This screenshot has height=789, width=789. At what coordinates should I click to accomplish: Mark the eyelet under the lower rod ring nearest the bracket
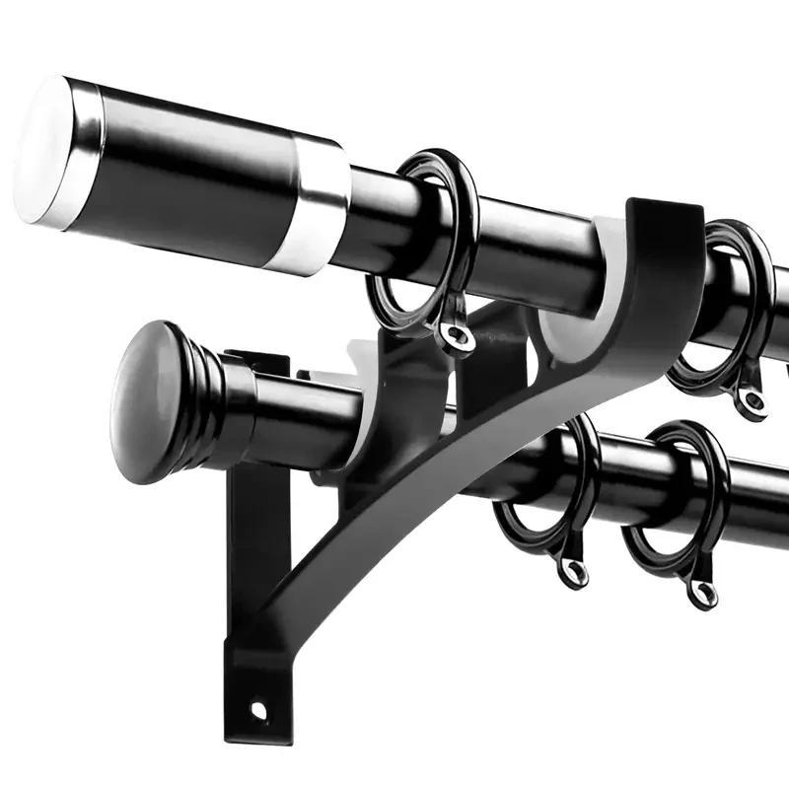coord(573,571)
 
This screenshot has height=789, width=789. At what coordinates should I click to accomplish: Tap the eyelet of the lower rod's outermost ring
coord(701,593)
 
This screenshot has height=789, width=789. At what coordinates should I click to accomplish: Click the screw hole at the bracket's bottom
coord(258,708)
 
